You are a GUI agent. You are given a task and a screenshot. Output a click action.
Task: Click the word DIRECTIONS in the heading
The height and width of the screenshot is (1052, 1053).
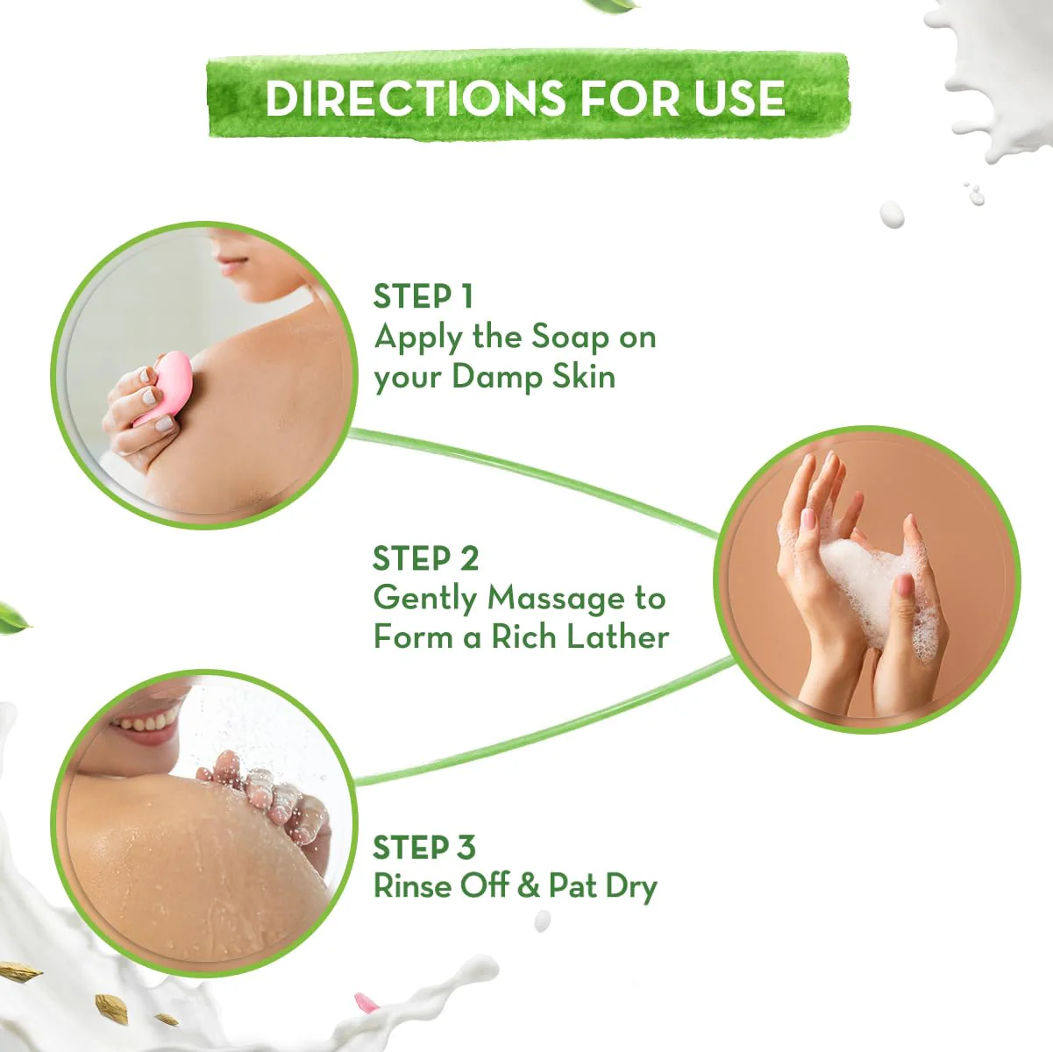tap(414, 99)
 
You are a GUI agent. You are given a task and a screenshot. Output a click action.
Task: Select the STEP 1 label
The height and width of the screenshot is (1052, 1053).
tap(423, 296)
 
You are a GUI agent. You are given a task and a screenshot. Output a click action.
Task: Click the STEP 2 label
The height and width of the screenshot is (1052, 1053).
tap(425, 558)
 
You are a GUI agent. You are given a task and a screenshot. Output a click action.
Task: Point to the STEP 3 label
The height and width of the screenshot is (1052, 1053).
tap(424, 847)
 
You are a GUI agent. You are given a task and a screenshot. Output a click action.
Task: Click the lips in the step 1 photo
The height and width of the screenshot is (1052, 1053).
tap(231, 265)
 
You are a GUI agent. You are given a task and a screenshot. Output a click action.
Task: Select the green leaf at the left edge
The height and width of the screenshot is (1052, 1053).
tap(12, 618)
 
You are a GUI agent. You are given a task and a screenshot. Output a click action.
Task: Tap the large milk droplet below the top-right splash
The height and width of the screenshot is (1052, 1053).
tap(892, 214)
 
